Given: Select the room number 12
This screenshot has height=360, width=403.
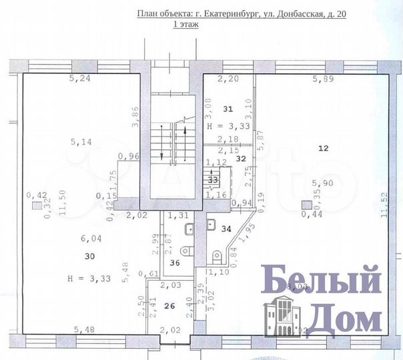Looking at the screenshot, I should [323, 149].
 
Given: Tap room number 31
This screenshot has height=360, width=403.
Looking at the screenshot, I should [228, 109].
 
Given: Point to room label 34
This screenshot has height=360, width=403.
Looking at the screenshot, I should [227, 229].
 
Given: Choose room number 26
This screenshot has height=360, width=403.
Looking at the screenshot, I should [169, 307].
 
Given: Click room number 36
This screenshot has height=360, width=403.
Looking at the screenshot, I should [175, 263].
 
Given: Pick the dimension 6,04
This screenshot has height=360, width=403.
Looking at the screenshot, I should [91, 238].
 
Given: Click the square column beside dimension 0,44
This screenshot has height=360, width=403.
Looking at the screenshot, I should [306, 205].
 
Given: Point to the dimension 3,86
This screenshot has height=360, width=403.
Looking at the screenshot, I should [135, 117].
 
